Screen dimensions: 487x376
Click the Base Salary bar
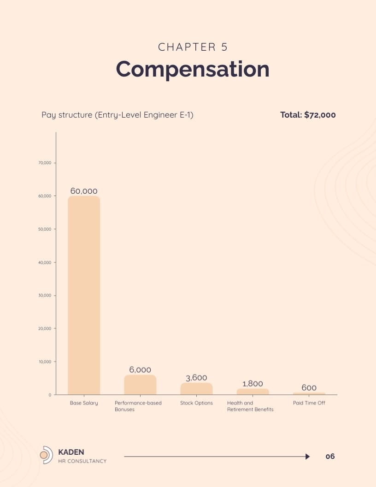pyautogui.click(x=84, y=295)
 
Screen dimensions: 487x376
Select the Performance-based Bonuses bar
pyautogui.click(x=140, y=385)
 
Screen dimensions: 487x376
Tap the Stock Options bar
pyautogui.click(x=196, y=389)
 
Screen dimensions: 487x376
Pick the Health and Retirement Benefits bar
pyautogui.click(x=253, y=392)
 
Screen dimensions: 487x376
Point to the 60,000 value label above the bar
pyautogui.click(x=84, y=191)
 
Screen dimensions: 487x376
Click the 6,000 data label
pyautogui.click(x=140, y=370)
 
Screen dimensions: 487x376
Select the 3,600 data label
pyautogui.click(x=196, y=378)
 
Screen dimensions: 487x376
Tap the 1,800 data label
pyautogui.click(x=253, y=384)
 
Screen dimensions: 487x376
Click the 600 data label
pyautogui.click(x=309, y=388)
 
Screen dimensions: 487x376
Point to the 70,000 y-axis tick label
pyautogui.click(x=44, y=163)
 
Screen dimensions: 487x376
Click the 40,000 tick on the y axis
pyautogui.click(x=44, y=262)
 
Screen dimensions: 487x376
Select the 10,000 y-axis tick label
pyautogui.click(x=44, y=362)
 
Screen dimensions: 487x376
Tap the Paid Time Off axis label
pyautogui.click(x=309, y=403)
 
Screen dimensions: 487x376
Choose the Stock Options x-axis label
pyautogui.click(x=196, y=403)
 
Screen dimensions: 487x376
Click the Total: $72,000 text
pyautogui.click(x=308, y=115)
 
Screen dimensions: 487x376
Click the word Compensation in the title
pyautogui.click(x=193, y=69)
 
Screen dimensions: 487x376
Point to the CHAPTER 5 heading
pyautogui.click(x=193, y=47)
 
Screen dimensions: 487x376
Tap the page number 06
pyautogui.click(x=330, y=457)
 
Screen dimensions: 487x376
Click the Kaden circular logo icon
pyautogui.click(x=46, y=455)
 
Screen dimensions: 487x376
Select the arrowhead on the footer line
pyautogui.click(x=307, y=457)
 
